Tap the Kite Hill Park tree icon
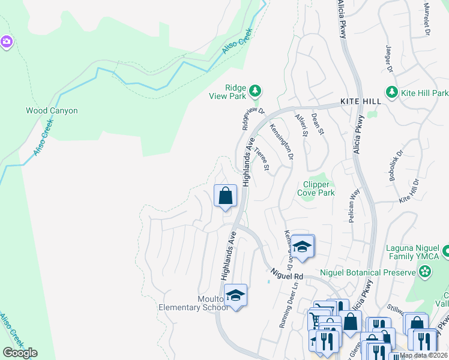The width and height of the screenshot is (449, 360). point(392,92)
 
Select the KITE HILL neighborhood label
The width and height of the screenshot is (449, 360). point(361,102)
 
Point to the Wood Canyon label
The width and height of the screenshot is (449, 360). point(52,111)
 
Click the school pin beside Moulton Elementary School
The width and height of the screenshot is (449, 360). point(236,295)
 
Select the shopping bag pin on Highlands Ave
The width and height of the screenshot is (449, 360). point(225,196)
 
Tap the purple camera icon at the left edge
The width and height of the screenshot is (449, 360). point(6,41)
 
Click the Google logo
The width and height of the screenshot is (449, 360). point(20,353)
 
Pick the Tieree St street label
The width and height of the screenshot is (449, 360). point(262,159)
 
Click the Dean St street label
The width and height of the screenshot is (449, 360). point(318,123)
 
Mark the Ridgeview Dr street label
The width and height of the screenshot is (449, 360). point(253,118)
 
